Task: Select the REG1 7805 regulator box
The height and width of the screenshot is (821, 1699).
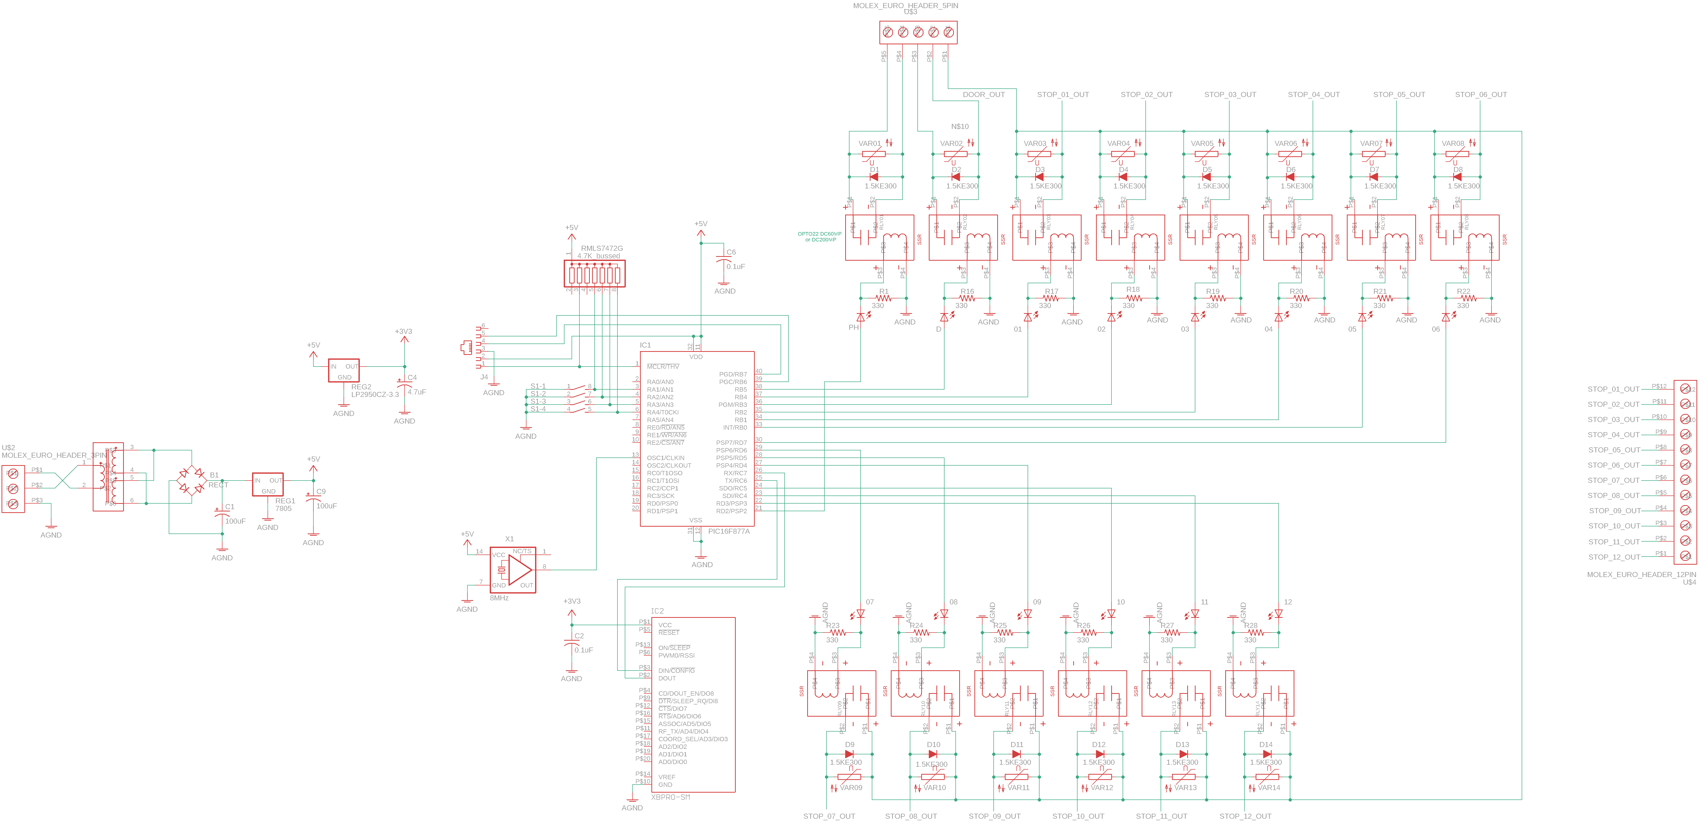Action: pos(268,485)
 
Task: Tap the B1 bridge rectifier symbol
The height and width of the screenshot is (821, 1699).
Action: pos(192,480)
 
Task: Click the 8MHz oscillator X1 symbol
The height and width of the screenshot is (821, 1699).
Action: pos(513,570)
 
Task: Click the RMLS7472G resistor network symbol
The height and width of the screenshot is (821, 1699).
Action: pos(594,274)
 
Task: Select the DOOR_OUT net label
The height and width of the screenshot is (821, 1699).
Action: pos(983,94)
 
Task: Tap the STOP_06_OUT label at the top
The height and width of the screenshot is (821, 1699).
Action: pos(1481,94)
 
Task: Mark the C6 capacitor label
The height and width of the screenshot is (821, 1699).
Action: pos(731,252)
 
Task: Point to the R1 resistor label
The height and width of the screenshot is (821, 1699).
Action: pos(884,291)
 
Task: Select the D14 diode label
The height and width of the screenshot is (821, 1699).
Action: pos(1266,744)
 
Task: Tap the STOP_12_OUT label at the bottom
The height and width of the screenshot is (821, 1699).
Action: pos(1245,816)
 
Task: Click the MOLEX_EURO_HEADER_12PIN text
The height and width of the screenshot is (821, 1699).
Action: pos(1641,574)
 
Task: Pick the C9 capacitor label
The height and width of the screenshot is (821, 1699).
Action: pos(320,491)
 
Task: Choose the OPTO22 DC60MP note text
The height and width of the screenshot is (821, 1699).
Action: pos(819,236)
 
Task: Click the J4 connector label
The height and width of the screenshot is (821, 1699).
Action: pos(484,377)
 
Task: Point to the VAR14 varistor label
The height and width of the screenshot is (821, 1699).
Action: pos(1268,787)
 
